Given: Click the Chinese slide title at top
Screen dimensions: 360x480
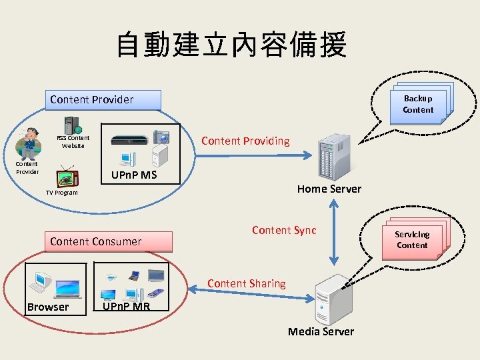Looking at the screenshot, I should click(231, 45).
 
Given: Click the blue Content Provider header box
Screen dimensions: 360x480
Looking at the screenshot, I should click(105, 100).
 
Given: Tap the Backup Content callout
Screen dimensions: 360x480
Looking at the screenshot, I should click(418, 104).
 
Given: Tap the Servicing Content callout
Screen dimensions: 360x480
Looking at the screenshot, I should click(412, 239).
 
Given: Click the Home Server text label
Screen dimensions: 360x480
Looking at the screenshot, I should click(329, 189).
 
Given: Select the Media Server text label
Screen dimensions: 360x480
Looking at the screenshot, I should click(321, 331).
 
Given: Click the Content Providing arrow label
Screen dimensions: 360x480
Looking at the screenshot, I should click(245, 141).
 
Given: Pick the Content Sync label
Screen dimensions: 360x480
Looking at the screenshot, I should click(284, 230).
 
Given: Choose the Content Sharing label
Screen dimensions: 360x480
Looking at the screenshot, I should click(246, 283).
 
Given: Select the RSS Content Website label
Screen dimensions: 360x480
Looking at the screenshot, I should click(73, 141).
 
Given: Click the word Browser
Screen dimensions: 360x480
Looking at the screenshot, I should click(48, 307).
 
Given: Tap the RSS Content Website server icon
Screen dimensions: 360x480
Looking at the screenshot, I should click(72, 125).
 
